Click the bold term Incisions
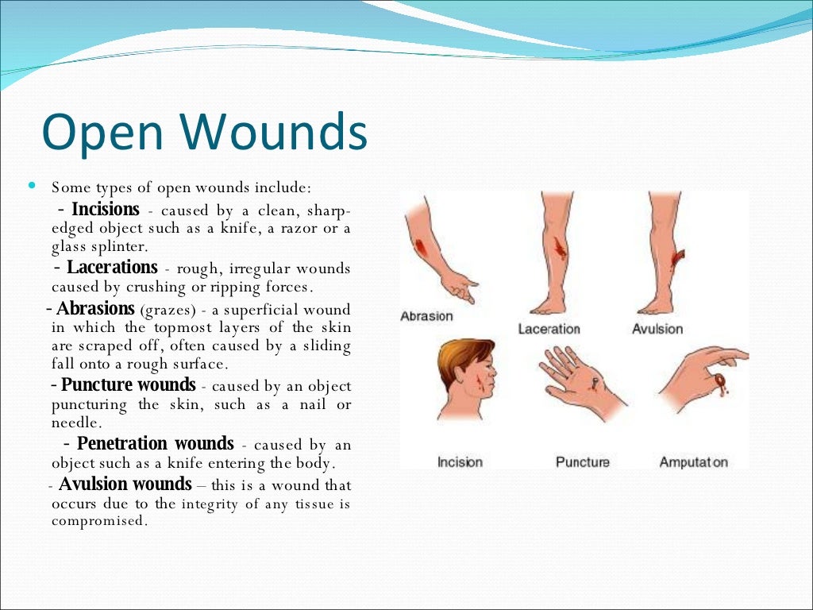coord(106,210)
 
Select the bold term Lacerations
coord(112,267)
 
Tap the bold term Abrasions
coord(96,309)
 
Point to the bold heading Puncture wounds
coord(129,385)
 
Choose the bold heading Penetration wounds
coord(155,443)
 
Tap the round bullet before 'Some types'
coord(32,186)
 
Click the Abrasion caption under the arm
coord(426,316)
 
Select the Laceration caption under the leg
coord(549,329)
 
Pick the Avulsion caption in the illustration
coord(657,329)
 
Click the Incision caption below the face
coord(460,461)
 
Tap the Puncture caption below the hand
coord(583,461)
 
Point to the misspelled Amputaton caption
coord(693,461)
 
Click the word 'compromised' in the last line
coord(99,521)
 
